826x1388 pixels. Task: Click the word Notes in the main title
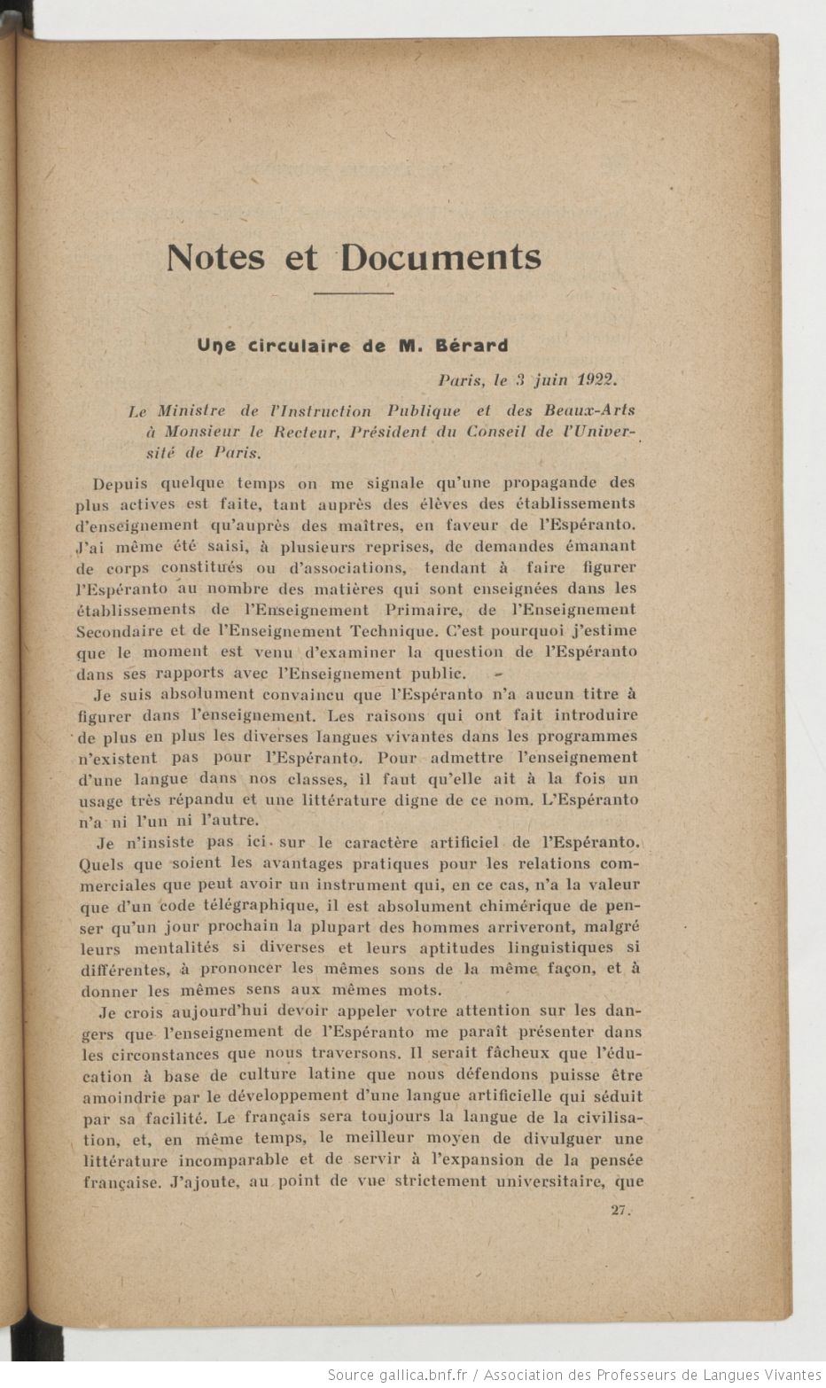point(215,257)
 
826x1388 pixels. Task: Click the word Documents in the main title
point(440,257)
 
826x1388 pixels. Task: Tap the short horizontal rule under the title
point(354,292)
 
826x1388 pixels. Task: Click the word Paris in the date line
point(461,379)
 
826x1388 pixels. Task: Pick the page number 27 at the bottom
point(619,1211)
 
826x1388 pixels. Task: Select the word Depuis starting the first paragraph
point(121,483)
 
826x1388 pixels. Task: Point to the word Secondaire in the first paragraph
point(119,632)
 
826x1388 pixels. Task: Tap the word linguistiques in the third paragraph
point(559,947)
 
